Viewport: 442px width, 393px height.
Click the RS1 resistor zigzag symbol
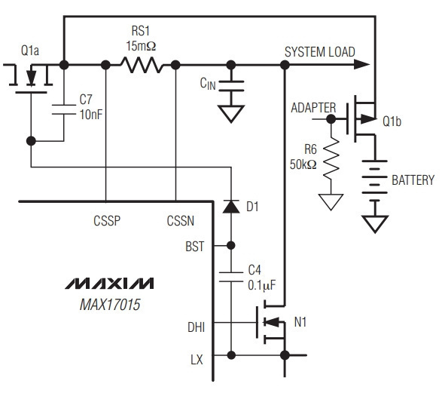142,65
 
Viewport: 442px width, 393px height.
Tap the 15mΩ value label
141,46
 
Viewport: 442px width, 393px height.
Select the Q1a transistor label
30,51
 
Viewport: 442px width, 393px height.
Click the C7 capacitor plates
64,109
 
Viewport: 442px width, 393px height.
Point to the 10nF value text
91,115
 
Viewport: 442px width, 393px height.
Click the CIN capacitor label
208,84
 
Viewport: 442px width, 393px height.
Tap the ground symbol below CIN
231,114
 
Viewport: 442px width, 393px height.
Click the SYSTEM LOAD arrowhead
361,65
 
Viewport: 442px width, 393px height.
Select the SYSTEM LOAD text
320,52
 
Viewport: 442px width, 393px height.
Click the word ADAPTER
313,108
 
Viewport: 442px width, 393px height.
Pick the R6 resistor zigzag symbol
331,158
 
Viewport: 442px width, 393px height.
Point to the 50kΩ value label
303,164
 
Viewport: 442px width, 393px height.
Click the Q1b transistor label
392,121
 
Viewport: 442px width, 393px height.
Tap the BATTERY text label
413,180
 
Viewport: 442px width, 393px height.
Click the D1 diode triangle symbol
231,207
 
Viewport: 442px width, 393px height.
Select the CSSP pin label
107,221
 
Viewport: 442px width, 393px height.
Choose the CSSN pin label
181,221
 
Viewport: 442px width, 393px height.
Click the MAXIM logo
109,284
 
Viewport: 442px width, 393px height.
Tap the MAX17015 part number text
110,305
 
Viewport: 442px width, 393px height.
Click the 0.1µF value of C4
262,285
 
